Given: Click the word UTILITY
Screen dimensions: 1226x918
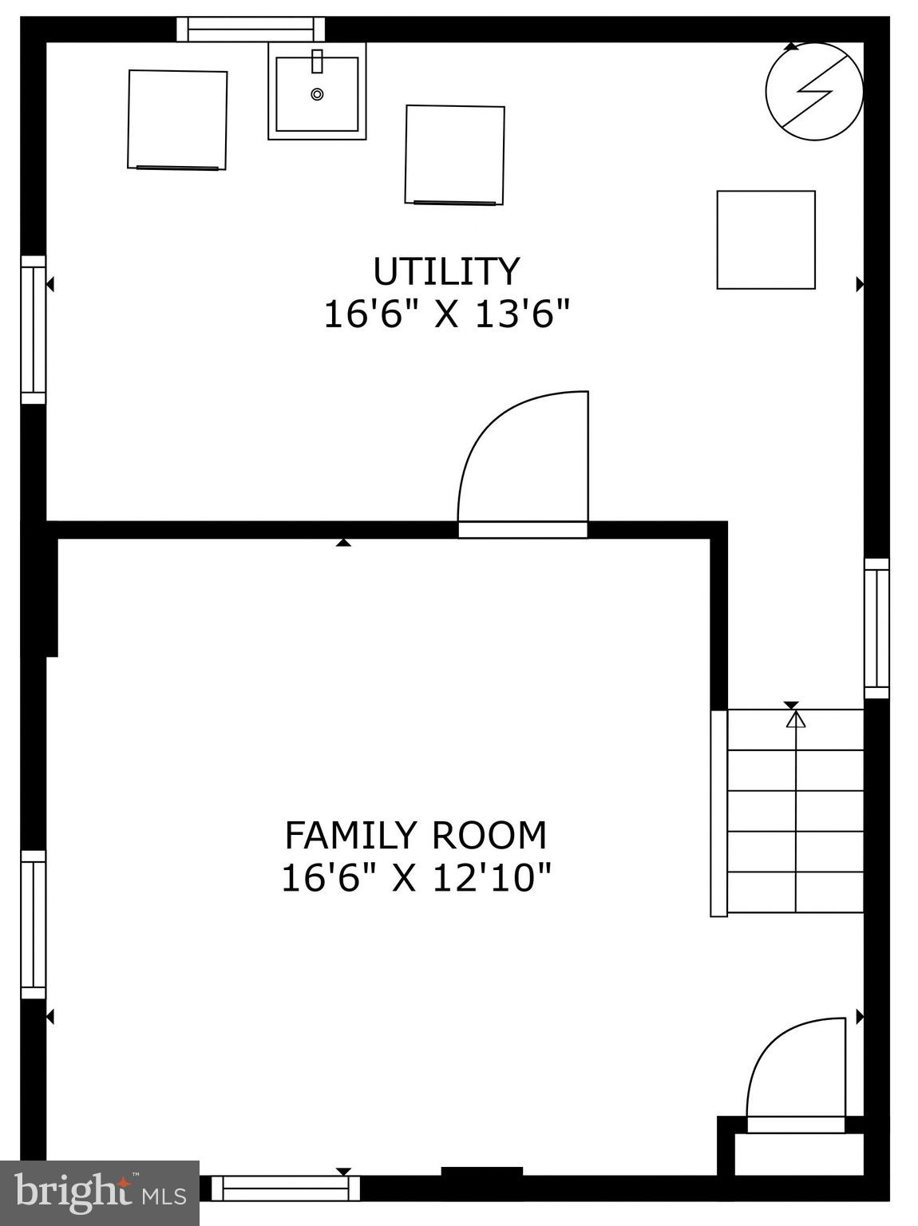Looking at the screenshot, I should (446, 271).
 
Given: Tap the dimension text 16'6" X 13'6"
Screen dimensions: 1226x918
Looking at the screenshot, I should (447, 314).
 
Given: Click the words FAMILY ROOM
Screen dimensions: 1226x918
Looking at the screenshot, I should (416, 836).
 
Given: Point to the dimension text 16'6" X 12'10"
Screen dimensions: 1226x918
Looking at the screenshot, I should (416, 879).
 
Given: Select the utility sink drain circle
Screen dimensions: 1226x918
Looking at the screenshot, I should (317, 94).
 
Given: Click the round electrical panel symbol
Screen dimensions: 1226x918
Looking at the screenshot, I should (813, 91).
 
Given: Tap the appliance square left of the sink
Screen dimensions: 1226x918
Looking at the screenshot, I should (177, 120).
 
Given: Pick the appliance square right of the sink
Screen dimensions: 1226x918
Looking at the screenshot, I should (454, 155).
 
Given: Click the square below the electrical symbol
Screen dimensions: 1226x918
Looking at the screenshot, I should (766, 239).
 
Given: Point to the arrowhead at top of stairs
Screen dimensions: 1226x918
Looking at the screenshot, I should (796, 720).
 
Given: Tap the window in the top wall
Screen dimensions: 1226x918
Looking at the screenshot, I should (251, 30).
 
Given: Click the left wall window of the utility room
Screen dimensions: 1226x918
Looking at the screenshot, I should (34, 330).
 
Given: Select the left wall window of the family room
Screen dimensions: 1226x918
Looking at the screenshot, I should (34, 924).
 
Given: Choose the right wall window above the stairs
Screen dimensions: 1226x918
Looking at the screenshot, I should (876, 628).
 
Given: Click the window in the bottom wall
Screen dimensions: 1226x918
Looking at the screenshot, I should (285, 1188).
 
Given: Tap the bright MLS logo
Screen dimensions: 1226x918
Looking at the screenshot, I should (100, 1192).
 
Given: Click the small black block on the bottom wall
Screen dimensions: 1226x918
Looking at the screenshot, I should (481, 1172).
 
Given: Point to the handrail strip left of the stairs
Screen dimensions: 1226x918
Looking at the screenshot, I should (718, 813).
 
